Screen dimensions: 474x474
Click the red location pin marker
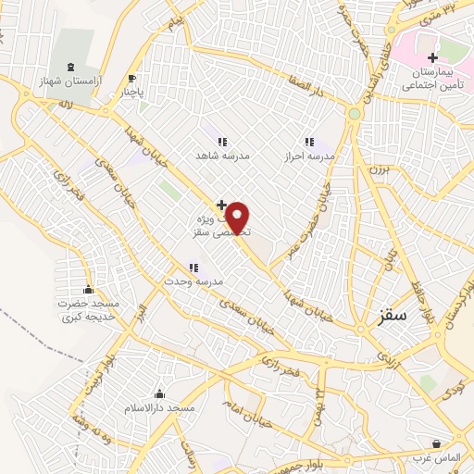tap(239, 218)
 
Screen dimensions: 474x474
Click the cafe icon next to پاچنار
tap(131, 79)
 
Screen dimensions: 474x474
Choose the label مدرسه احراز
tap(311, 156)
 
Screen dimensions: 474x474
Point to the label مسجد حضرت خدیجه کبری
tap(89, 310)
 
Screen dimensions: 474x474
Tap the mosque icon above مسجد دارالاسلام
tap(159, 393)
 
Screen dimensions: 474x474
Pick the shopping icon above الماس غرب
tap(437, 443)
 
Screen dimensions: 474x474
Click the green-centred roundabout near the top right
tap(354, 114)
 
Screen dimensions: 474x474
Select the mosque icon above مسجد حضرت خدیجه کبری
tap(89, 290)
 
